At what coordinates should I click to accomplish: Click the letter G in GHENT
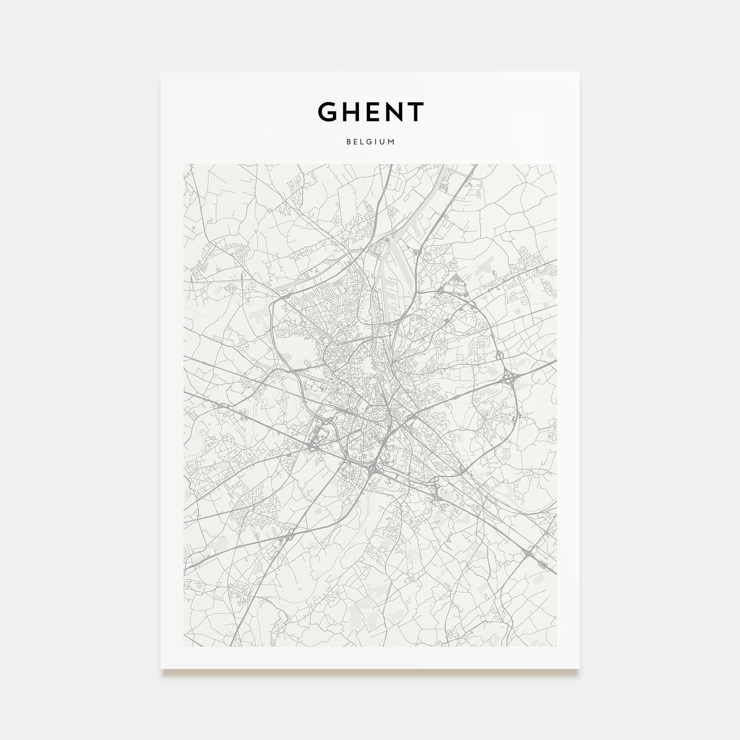329,112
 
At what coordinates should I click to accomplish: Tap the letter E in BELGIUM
355,142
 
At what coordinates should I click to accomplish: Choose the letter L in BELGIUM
362,142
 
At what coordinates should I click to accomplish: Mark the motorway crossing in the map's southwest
290,535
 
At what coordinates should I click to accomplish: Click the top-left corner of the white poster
161,72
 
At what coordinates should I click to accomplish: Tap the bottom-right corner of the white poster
579,669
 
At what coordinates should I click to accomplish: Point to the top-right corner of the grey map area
557,164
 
